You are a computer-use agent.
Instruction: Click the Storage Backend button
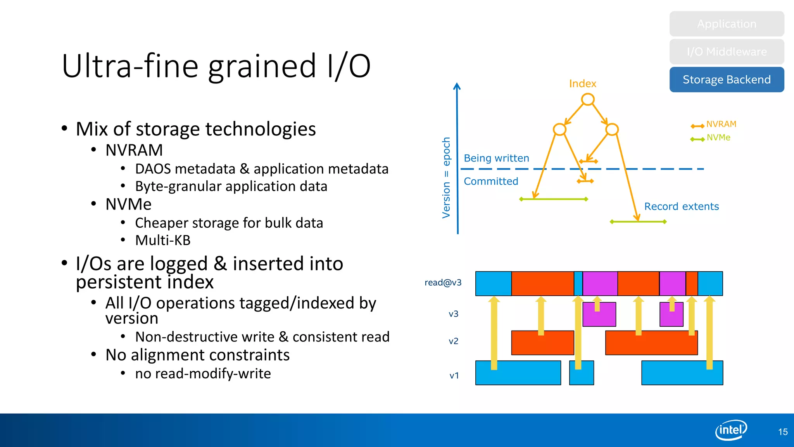pyautogui.click(x=727, y=80)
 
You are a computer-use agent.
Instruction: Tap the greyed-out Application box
pyautogui.click(x=727, y=24)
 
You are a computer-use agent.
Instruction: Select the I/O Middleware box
pyautogui.click(x=727, y=52)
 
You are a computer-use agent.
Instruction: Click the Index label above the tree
pyautogui.click(x=582, y=83)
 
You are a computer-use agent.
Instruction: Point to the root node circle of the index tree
pyautogui.click(x=588, y=100)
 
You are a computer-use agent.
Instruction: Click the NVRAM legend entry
pyautogui.click(x=720, y=124)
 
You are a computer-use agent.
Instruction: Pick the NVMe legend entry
pyautogui.click(x=718, y=138)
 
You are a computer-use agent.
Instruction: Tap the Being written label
pyautogui.click(x=496, y=158)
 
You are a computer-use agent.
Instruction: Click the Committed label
pyautogui.click(x=491, y=181)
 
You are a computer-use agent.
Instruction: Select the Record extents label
pyautogui.click(x=681, y=206)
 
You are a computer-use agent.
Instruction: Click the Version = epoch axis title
pyautogui.click(x=446, y=178)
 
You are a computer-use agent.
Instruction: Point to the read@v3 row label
pyautogui.click(x=443, y=282)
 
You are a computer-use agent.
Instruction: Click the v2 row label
pyautogui.click(x=453, y=341)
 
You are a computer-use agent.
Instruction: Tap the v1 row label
pyautogui.click(x=454, y=376)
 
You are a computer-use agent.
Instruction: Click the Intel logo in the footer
pyautogui.click(x=731, y=430)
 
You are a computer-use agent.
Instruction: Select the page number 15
pyautogui.click(x=782, y=432)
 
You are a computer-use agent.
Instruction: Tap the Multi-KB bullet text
pyautogui.click(x=163, y=241)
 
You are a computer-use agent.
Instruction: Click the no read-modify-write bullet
pyautogui.click(x=203, y=374)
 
